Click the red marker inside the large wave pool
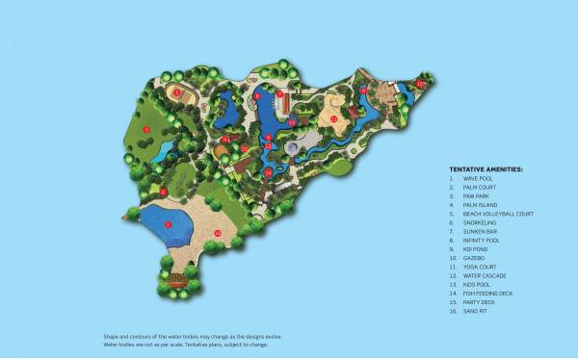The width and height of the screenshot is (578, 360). (x=168, y=224)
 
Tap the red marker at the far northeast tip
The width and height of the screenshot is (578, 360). (x=419, y=84)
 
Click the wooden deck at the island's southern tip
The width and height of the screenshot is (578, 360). (x=176, y=285)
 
